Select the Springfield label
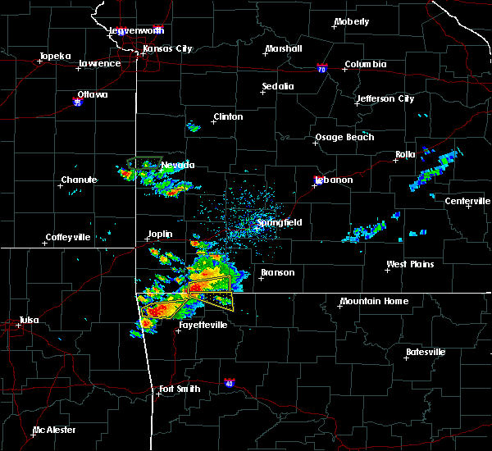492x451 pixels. point(280,222)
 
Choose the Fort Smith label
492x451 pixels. point(180,389)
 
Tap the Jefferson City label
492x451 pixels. point(385,99)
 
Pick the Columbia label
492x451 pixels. point(365,64)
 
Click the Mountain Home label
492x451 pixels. point(373,301)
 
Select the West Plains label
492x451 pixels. point(410,265)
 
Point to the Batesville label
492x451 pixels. point(426,353)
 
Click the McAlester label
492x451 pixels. point(56,430)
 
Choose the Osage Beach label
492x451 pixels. point(344,137)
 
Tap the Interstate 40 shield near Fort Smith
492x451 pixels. point(229,383)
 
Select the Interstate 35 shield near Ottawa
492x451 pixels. point(77,102)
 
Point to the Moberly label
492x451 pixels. point(352,22)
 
